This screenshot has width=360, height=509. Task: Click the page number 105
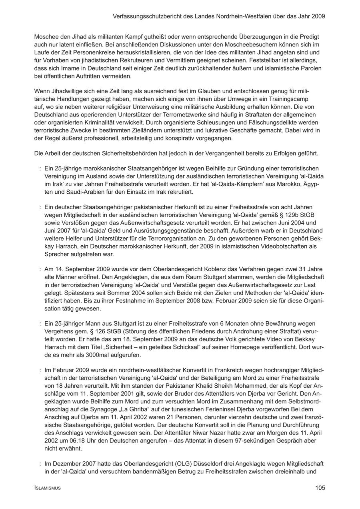pyautogui.click(x=320, y=488)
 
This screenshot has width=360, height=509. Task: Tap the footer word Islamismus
pyautogui.click(x=48, y=488)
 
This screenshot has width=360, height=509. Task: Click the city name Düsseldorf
pyautogui.click(x=210, y=464)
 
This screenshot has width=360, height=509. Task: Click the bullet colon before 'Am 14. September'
pyautogui.click(x=40, y=269)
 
